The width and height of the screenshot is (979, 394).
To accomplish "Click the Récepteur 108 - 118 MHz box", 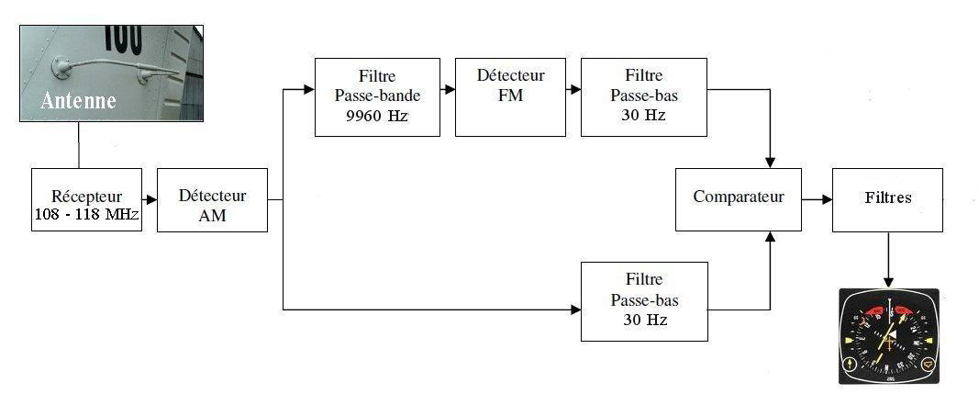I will (86, 199).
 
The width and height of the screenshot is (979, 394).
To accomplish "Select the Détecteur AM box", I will (212, 199).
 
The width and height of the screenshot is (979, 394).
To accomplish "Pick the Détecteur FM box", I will (510, 96).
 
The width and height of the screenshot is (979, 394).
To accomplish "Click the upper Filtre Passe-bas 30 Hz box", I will (644, 96).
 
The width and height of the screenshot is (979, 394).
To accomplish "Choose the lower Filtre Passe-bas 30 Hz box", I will (644, 301).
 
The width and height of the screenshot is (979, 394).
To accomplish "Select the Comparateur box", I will (738, 199).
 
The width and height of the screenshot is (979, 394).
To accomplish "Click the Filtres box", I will (886, 199).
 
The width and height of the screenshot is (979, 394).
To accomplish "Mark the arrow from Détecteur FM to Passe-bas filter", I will (573, 90).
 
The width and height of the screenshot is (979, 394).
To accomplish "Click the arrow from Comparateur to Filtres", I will (816, 199).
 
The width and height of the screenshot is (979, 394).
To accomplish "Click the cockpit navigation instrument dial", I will (887, 336).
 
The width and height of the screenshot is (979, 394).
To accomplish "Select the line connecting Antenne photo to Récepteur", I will (79, 145).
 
